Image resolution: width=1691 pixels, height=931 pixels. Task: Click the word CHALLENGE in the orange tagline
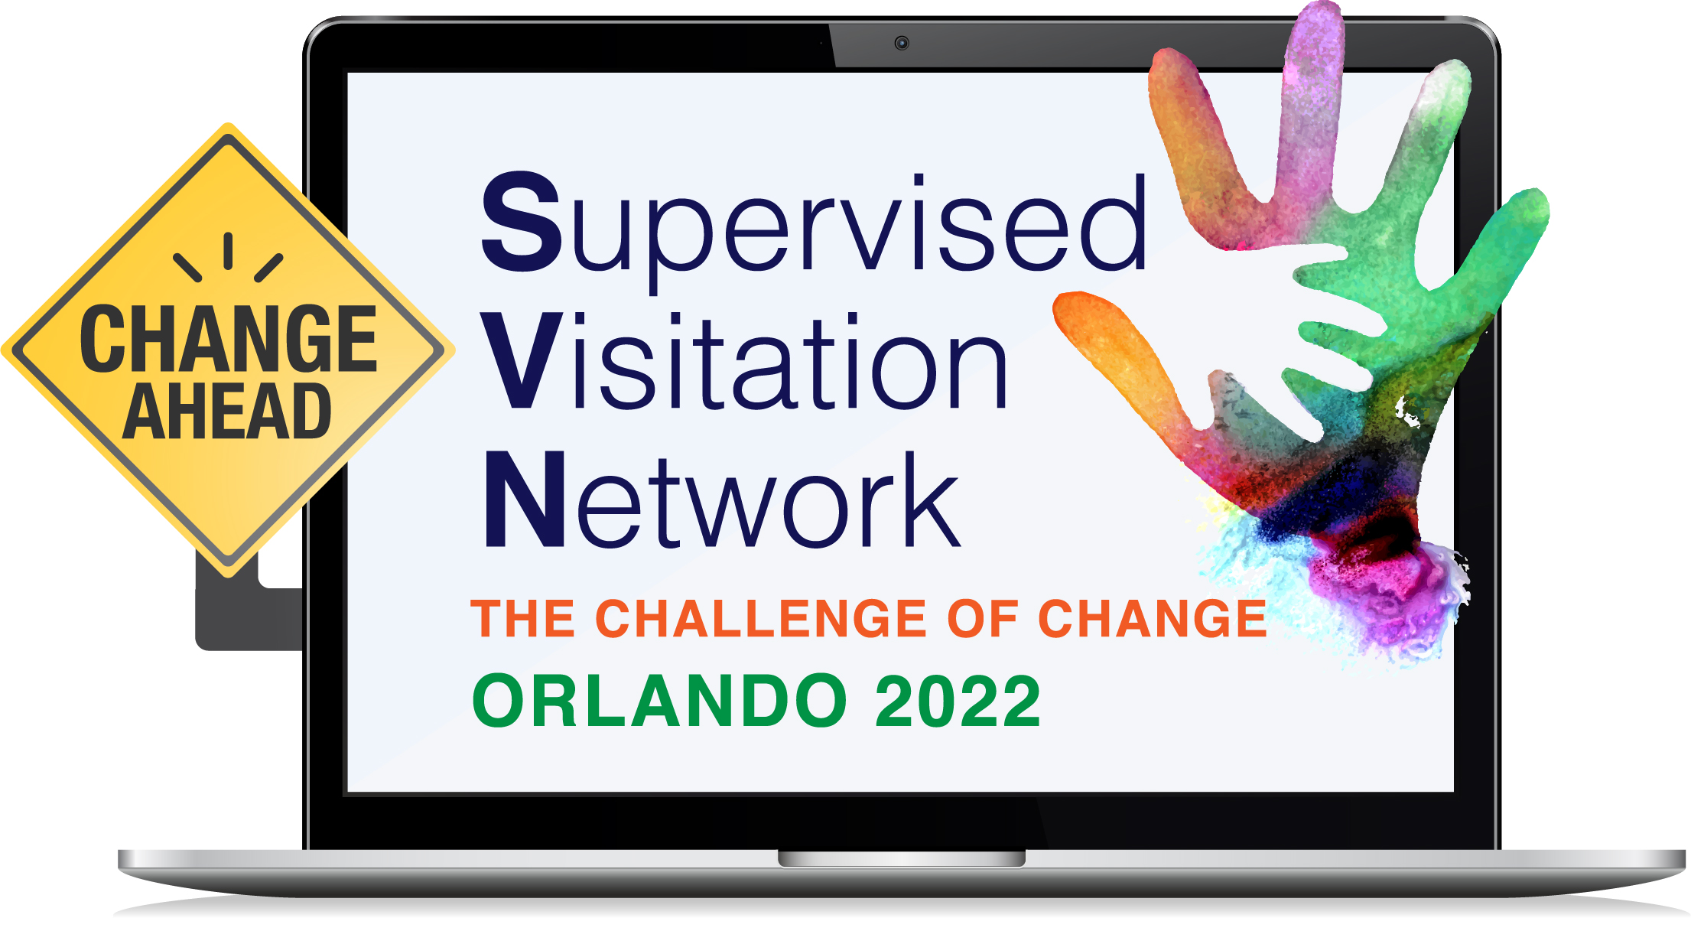point(762,618)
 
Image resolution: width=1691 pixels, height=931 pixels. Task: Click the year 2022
point(958,701)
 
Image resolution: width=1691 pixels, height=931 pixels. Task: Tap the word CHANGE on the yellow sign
point(229,339)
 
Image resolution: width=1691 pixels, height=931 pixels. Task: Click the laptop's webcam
point(902,43)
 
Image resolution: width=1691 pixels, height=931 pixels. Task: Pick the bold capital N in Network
point(525,499)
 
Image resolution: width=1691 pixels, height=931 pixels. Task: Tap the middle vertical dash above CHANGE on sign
point(228,251)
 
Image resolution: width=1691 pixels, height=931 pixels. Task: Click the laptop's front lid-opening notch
point(902,858)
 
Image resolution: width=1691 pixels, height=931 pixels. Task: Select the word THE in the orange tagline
point(523,618)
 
